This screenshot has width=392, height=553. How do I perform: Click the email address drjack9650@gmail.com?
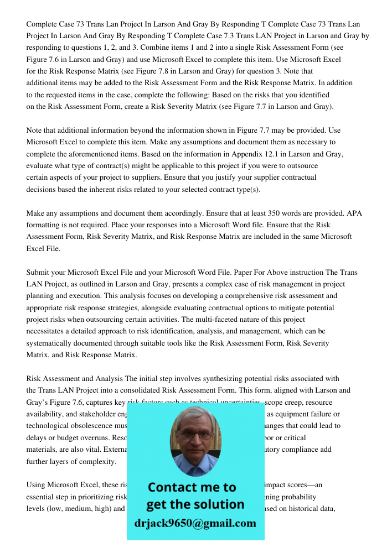click(195, 523)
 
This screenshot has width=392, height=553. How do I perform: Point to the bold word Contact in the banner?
click(171, 487)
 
